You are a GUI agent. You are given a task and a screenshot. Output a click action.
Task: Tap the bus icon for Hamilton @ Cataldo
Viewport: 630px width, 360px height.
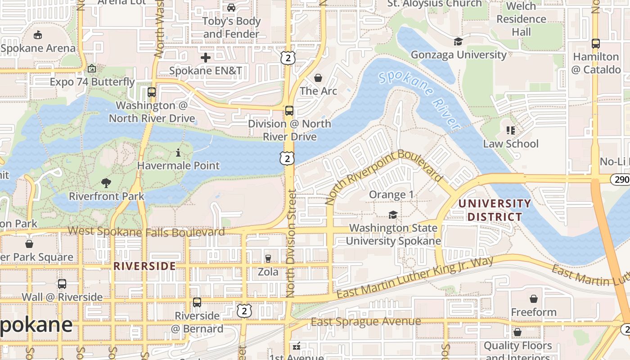click(596, 44)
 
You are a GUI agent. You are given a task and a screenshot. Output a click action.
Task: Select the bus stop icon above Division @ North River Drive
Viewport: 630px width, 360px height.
click(289, 111)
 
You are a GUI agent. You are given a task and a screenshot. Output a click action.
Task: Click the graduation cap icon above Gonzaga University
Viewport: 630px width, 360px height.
click(458, 42)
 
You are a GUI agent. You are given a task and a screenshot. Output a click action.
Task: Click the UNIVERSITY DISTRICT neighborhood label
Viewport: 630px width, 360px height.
click(495, 210)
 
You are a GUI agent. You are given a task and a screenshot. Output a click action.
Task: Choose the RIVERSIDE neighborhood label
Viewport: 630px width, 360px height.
click(144, 266)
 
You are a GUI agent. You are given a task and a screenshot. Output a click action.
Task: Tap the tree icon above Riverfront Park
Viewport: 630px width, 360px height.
click(106, 183)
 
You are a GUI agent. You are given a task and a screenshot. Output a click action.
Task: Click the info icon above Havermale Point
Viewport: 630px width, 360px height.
click(178, 153)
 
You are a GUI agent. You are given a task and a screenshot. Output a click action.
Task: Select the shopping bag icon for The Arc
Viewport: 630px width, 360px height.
click(318, 78)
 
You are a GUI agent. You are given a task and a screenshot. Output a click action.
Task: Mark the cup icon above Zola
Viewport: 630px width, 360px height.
click(268, 258)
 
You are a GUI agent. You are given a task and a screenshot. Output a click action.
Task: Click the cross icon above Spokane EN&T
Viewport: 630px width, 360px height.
click(206, 58)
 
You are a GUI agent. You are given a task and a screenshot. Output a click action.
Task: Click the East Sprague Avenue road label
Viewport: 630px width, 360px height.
click(365, 322)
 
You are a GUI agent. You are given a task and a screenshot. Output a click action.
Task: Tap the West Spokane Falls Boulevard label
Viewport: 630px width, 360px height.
click(146, 232)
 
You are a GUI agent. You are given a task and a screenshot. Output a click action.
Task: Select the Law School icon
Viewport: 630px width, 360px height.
click(511, 130)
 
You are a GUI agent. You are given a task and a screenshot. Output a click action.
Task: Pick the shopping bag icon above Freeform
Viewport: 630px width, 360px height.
click(533, 299)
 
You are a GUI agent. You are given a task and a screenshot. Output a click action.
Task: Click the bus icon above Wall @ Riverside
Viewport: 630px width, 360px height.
click(62, 284)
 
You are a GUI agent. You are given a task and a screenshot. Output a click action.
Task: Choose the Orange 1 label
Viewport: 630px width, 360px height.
click(387, 195)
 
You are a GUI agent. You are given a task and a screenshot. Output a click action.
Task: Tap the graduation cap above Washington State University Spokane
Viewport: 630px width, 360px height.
click(393, 215)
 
